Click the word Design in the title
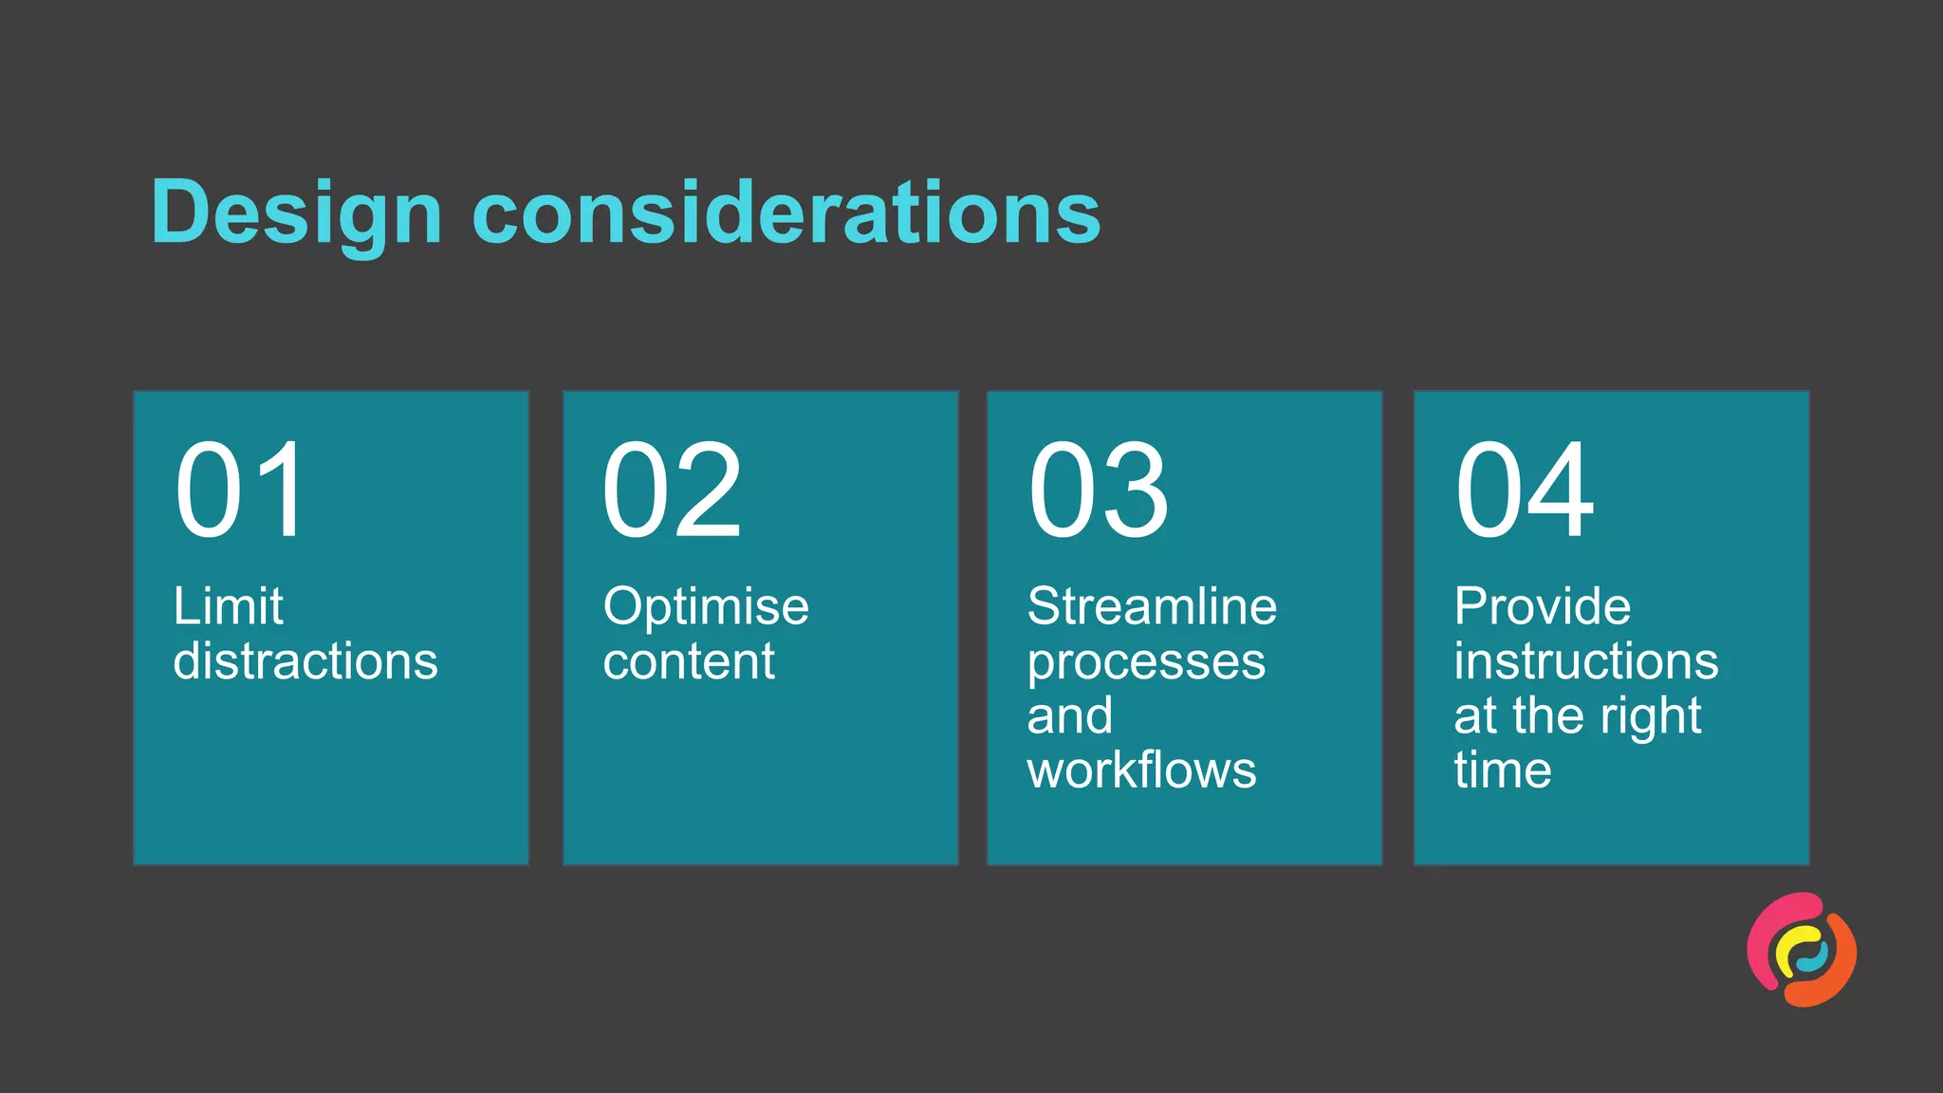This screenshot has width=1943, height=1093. pos(296,213)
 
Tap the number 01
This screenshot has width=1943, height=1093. pos(240,490)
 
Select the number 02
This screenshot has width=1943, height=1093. pos(672,490)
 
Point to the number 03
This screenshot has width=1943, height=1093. pos(1099,490)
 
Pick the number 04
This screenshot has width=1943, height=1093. pos(1526,490)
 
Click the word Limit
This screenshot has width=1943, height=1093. pos(228,605)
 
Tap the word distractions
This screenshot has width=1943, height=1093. pos(305,660)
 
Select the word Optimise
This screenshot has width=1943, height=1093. pos(706,605)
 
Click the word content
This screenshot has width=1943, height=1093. pos(689,660)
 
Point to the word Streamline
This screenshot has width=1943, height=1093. pos(1152,605)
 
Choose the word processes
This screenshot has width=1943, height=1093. pos(1146,662)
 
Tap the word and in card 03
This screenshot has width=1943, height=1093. pos(1069,715)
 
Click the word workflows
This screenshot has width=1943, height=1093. pos(1141,769)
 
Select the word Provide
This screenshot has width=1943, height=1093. pos(1543,605)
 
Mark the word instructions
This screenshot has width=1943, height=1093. pos(1586,660)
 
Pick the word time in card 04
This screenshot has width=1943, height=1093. pos(1503,769)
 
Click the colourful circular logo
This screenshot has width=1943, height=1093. pos(1802,950)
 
